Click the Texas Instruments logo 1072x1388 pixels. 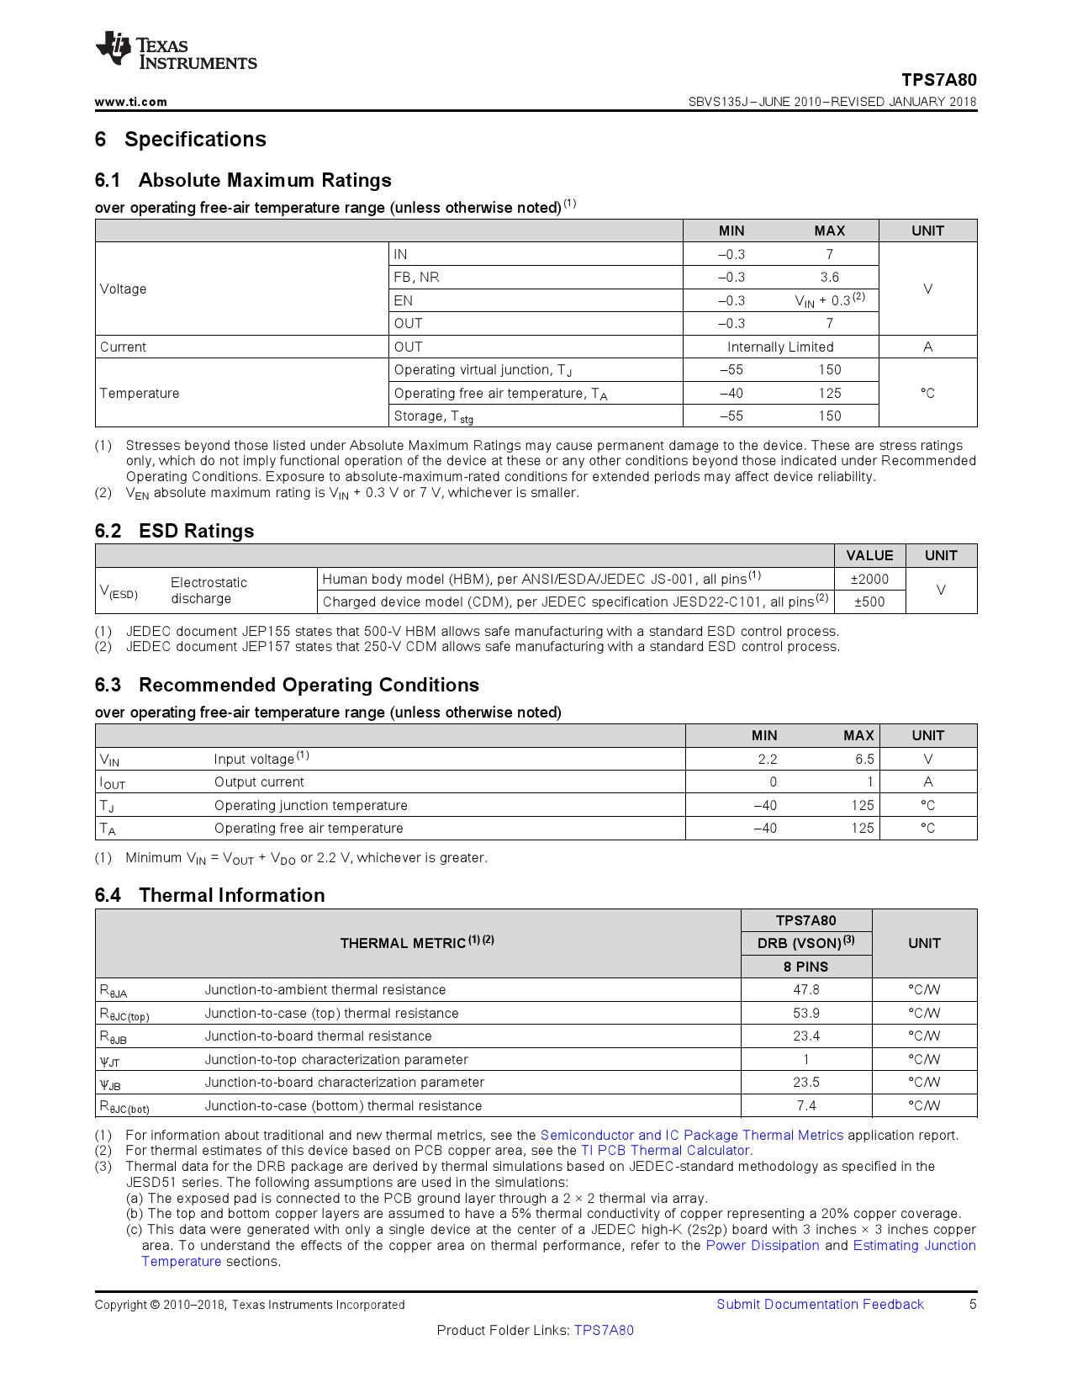point(175,52)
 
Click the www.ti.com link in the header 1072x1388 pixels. point(130,102)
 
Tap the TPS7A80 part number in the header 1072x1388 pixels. point(938,80)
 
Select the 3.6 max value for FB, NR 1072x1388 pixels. point(829,277)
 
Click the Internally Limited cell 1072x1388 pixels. point(779,347)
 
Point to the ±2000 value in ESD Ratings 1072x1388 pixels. point(869,579)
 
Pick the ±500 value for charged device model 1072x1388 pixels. point(869,601)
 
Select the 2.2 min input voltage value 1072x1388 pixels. point(767,759)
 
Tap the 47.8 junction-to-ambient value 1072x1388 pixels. point(805,989)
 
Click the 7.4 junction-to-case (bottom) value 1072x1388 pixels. point(805,1105)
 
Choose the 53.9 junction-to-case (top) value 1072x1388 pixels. point(805,1013)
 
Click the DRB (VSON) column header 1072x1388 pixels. point(805,943)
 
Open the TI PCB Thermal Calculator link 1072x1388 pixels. point(665,1150)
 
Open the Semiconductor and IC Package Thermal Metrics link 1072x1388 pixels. point(691,1135)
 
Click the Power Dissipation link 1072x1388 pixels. point(762,1245)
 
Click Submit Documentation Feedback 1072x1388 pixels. point(820,1304)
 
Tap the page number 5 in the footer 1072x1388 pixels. point(973,1304)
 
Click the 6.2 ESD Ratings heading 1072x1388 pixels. point(174,531)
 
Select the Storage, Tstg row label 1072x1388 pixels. point(433,416)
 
